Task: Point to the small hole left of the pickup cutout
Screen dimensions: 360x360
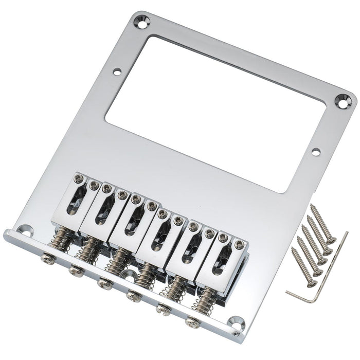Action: (117, 72)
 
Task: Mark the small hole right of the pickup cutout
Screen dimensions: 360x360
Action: (315, 151)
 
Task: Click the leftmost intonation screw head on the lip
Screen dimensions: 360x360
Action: (46, 253)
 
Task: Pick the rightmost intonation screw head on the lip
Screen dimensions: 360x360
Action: (193, 322)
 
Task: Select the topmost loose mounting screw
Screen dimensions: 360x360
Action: (322, 224)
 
